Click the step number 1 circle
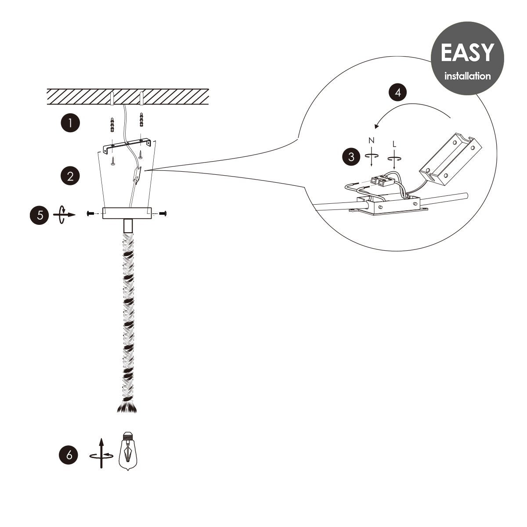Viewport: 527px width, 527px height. pos(70,123)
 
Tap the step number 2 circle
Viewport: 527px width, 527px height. pos(70,176)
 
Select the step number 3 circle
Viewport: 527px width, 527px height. pos(351,157)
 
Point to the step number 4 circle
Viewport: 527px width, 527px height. pos(398,92)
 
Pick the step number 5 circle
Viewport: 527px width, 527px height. pos(40,215)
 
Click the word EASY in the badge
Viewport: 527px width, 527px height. pos(467,52)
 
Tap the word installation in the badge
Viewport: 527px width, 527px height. pos(467,76)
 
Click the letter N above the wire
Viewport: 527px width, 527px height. pos(371,141)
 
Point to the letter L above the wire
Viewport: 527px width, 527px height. pos(394,144)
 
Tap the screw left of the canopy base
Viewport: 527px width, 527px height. pos(90,213)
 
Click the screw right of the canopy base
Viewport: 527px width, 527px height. pos(163,213)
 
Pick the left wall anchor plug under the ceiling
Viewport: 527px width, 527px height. pos(112,125)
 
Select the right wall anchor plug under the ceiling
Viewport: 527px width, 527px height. pos(141,119)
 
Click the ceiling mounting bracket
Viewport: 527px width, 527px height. pos(127,146)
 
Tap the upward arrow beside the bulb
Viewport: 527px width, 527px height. pos(101,453)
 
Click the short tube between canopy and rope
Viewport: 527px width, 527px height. pos(128,226)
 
